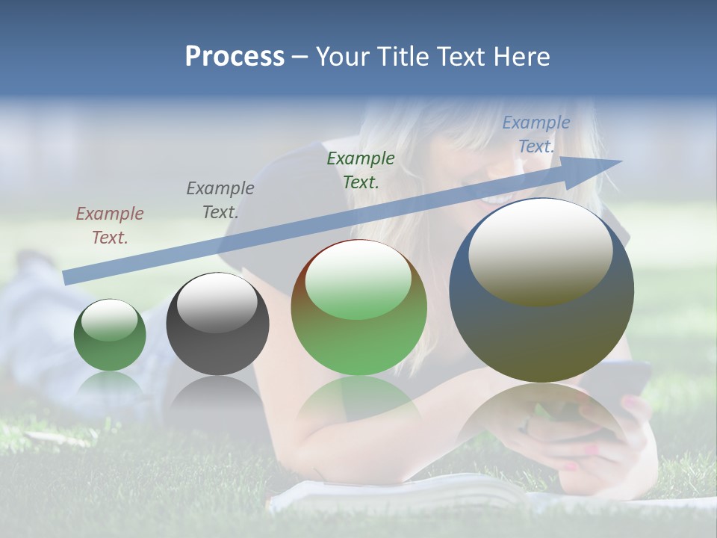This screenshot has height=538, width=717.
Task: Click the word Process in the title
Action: click(235, 57)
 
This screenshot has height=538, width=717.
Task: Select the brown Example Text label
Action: click(110, 226)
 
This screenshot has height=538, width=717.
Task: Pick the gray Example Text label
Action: click(220, 200)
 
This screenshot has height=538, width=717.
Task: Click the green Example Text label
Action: click(361, 170)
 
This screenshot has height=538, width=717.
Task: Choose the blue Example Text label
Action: click(536, 134)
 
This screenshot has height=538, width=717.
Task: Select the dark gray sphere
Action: click(217, 324)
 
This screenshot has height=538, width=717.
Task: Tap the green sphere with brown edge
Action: click(358, 308)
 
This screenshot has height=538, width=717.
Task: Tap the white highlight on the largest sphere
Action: click(540, 250)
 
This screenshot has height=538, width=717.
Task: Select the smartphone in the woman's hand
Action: click(621, 381)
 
